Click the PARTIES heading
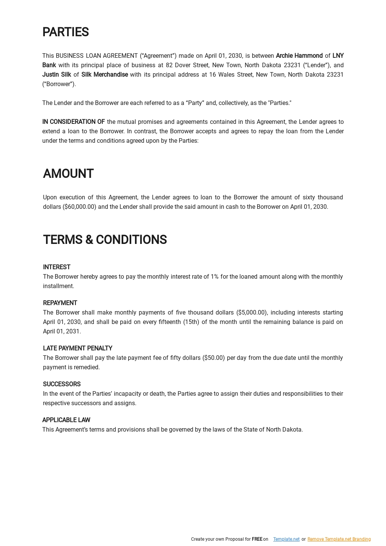(x=65, y=32)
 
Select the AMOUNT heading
(x=68, y=174)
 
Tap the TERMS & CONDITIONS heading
(x=105, y=240)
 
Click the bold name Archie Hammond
(x=299, y=56)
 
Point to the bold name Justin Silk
(x=57, y=75)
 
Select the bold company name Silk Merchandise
(x=104, y=75)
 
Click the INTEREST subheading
(x=57, y=267)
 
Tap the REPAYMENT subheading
(x=60, y=303)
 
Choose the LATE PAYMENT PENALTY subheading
(x=77, y=349)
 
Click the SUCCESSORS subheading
(x=61, y=384)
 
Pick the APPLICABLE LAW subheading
(x=66, y=420)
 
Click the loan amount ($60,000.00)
(x=80, y=207)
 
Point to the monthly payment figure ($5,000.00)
(x=252, y=313)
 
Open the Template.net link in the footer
(x=286, y=539)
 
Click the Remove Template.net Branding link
(x=339, y=539)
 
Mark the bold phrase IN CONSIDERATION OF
(x=74, y=122)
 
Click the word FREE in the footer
(x=257, y=539)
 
